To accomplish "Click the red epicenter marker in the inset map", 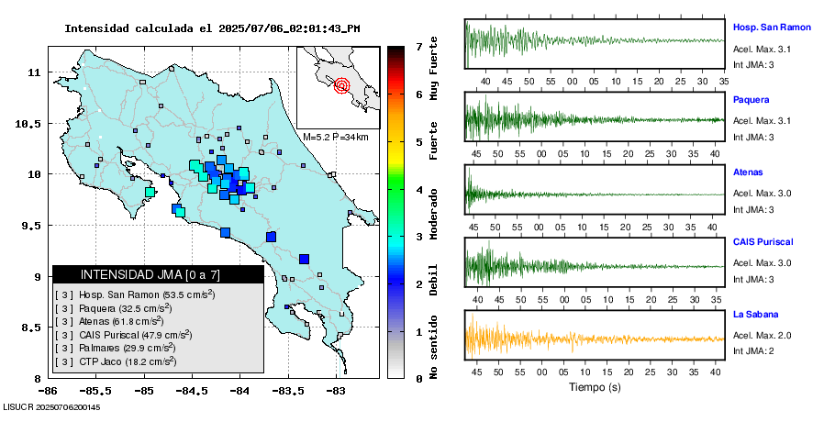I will click(x=341, y=86).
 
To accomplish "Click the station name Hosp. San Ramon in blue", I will click(x=772, y=28).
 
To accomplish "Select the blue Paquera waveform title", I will click(x=751, y=99).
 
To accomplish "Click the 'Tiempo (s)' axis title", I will click(x=595, y=387).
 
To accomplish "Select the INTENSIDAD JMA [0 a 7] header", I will click(x=150, y=274).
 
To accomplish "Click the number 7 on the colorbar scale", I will click(x=418, y=46).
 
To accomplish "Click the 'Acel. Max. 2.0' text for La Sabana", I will click(x=762, y=336).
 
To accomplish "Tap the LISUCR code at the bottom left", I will click(x=51, y=406).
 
